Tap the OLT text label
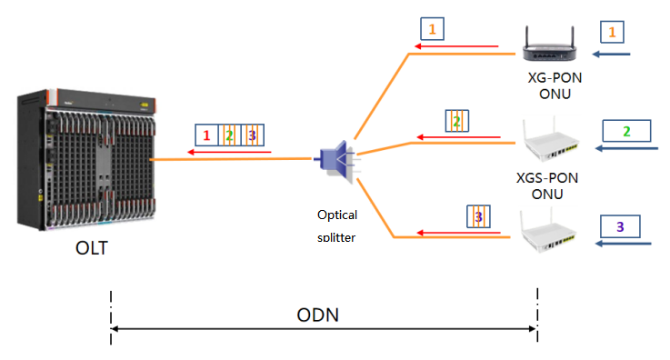pyautogui.click(x=92, y=246)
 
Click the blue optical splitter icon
pyautogui.click(x=335, y=158)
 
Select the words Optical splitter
pyautogui.click(x=337, y=225)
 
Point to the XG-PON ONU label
pyautogui.click(x=555, y=85)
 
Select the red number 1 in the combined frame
pyautogui.click(x=207, y=136)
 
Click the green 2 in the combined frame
pyautogui.click(x=229, y=136)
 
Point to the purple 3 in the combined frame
pyautogui.click(x=252, y=136)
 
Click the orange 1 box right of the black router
pyautogui.click(x=613, y=32)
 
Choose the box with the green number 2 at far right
pyautogui.click(x=625, y=132)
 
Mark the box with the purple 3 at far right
pyautogui.click(x=621, y=225)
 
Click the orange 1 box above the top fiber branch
pyautogui.click(x=432, y=29)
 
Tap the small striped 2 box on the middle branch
pyautogui.click(x=456, y=121)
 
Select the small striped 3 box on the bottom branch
pyautogui.click(x=477, y=216)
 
